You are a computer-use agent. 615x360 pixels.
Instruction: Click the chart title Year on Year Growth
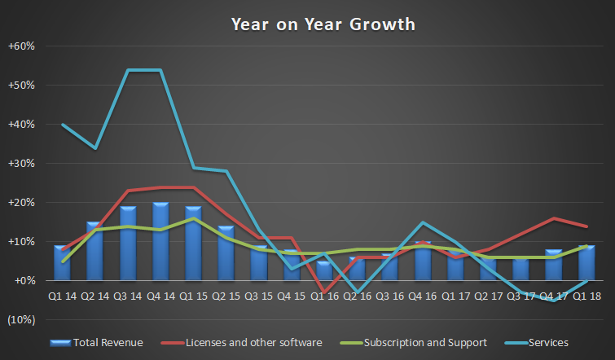click(x=323, y=24)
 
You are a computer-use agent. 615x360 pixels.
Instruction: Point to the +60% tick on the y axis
click(x=22, y=46)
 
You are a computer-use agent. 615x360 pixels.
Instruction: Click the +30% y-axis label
click(x=22, y=163)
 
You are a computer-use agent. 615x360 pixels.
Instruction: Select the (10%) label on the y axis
click(x=22, y=319)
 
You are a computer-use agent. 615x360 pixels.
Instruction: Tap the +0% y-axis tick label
click(x=24, y=280)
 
